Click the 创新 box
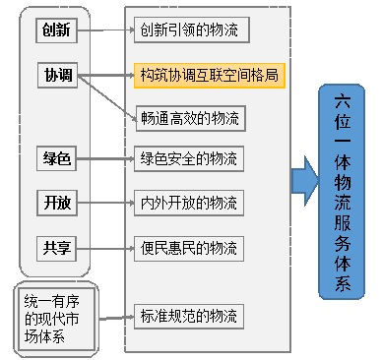pos(56,30)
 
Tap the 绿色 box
pos(56,158)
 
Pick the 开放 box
pos(56,204)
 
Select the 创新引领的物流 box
pos(191,30)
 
